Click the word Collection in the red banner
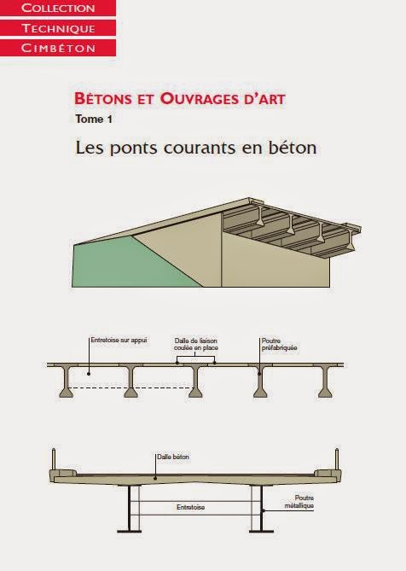[x=57, y=9]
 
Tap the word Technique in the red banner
[x=57, y=28]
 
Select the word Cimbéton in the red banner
[x=57, y=47]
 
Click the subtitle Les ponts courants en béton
[x=196, y=147]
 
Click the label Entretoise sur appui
[x=119, y=341]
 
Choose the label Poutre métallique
[x=304, y=501]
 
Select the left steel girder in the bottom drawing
[x=131, y=508]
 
